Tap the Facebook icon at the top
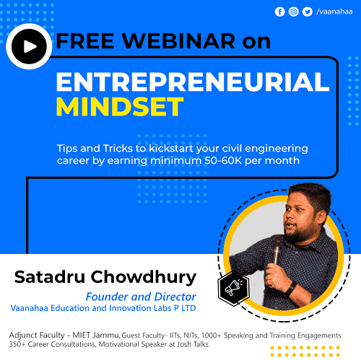[x=280, y=12]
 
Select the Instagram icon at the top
[x=294, y=12]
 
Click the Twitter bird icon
[x=308, y=12]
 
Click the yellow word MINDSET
[x=121, y=106]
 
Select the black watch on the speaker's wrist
[x=290, y=286]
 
